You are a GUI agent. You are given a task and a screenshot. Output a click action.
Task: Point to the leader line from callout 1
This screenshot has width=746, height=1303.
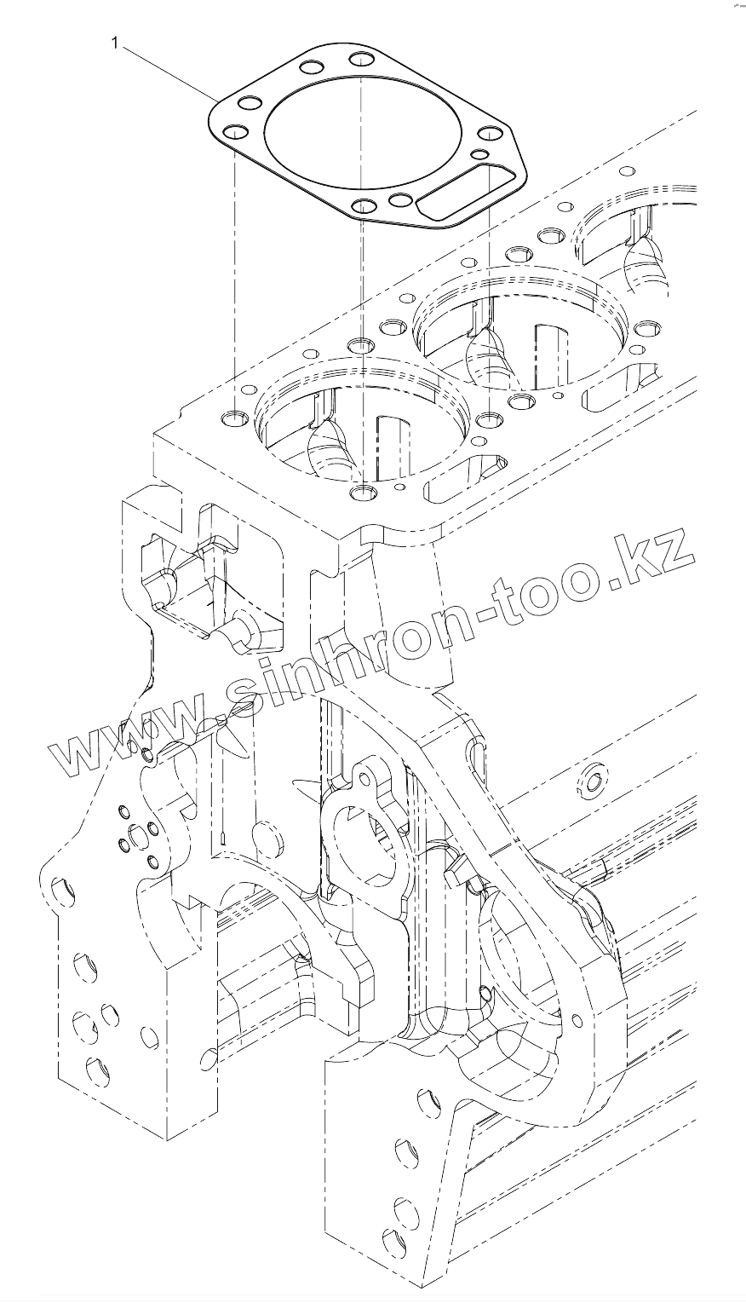point(167,71)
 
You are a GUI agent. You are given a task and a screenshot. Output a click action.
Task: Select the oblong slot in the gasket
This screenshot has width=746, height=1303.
point(463,193)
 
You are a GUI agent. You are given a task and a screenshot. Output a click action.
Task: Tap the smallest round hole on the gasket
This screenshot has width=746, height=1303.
point(479,154)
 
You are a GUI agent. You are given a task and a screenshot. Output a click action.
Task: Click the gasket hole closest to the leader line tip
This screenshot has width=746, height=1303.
point(249,104)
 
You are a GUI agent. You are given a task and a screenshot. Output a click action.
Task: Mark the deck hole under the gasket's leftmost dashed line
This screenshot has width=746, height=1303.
point(232,419)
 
